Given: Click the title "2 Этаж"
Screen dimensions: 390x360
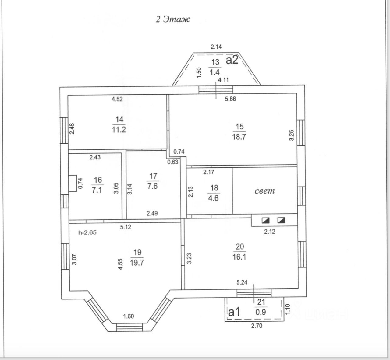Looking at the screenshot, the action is pyautogui.click(x=173, y=19).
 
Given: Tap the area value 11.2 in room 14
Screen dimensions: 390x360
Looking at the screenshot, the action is pyautogui.click(x=119, y=130).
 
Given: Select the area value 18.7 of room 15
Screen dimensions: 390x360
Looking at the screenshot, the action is pyautogui.click(x=239, y=137).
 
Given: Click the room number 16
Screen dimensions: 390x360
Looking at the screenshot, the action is pyautogui.click(x=98, y=180).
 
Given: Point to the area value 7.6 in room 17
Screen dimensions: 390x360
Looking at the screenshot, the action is pyautogui.click(x=152, y=186).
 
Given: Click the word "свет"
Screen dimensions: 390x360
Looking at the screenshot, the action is pyautogui.click(x=264, y=191).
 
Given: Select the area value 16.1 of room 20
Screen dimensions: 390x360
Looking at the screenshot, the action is pyautogui.click(x=239, y=257).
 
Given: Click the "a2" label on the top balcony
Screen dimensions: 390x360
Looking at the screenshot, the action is pyautogui.click(x=232, y=60).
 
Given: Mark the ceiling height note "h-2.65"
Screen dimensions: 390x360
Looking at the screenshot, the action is pyautogui.click(x=87, y=233).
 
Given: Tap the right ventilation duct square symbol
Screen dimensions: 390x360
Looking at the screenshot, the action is pyautogui.click(x=281, y=220).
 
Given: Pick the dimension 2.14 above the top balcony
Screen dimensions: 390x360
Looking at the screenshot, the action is pyautogui.click(x=216, y=47).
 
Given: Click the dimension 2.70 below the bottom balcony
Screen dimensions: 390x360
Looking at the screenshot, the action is pyautogui.click(x=257, y=326).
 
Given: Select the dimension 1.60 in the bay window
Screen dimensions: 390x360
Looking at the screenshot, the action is pyautogui.click(x=128, y=316).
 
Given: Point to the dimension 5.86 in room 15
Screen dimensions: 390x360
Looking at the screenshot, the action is pyautogui.click(x=230, y=99).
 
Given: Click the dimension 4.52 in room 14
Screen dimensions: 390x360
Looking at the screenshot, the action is pyautogui.click(x=117, y=99).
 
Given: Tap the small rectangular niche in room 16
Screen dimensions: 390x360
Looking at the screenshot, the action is pyautogui.click(x=73, y=183).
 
